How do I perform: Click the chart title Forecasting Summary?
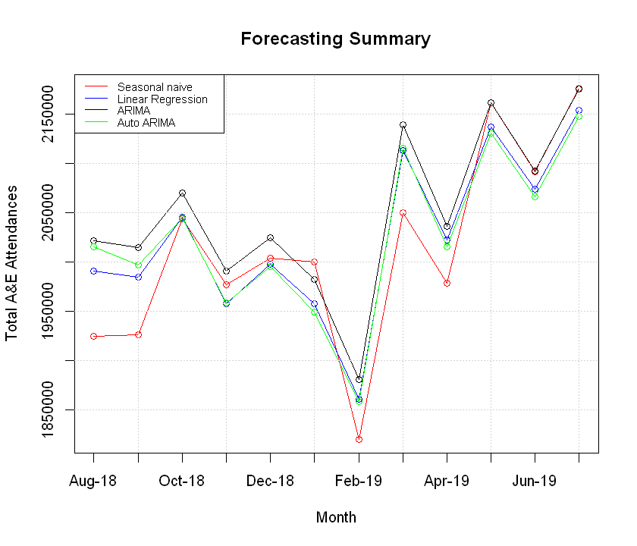(x=335, y=39)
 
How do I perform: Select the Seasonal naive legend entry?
(x=154, y=88)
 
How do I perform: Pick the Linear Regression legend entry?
(x=162, y=99)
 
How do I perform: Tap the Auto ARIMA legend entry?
(x=146, y=122)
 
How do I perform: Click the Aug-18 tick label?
(x=93, y=482)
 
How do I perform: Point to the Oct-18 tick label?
(x=182, y=482)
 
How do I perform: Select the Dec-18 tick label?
(x=270, y=482)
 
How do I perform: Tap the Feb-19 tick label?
(x=359, y=482)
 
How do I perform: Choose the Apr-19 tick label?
(x=447, y=482)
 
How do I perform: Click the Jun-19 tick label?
(x=535, y=482)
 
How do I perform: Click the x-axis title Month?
(x=335, y=518)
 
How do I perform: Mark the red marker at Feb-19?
(x=359, y=439)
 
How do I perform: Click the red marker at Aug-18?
(x=93, y=336)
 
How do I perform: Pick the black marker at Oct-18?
(x=182, y=193)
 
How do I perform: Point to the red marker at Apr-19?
(x=447, y=283)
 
